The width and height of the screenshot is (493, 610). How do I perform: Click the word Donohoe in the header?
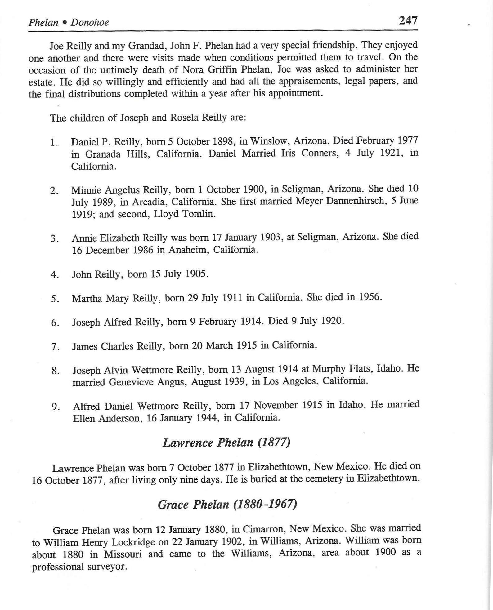click(x=90, y=22)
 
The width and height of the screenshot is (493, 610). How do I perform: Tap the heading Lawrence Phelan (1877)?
click(x=226, y=442)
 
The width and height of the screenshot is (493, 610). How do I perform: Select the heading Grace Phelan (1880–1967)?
click(x=227, y=504)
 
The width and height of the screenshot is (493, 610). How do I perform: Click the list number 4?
click(x=55, y=275)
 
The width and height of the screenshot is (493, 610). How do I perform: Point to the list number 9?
click(x=56, y=407)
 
